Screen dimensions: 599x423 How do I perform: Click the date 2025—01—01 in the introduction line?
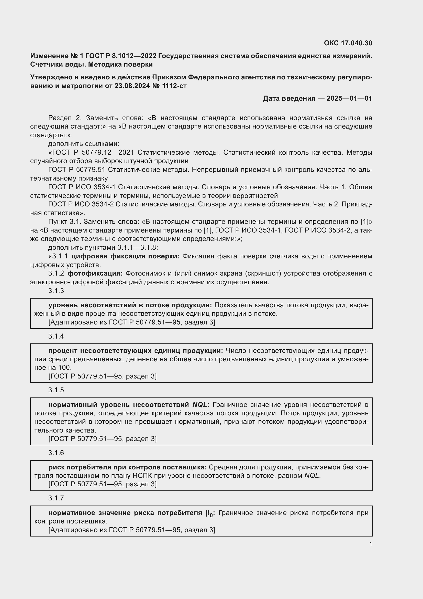[349, 98]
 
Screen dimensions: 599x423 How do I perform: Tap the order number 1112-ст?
[174, 86]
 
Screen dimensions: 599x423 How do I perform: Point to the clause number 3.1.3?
[56, 291]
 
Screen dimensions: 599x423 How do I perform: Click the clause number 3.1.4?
[56, 336]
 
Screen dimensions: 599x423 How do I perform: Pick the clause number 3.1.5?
[56, 390]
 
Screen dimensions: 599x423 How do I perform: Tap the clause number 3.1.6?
[56, 453]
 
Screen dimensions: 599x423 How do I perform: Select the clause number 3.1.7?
[56, 498]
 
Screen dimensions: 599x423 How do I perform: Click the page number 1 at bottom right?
[370, 544]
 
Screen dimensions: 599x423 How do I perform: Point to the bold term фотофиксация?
[95, 274]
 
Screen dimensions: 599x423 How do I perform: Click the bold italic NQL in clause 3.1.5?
[200, 405]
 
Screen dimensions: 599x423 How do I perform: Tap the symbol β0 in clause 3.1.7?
[209, 513]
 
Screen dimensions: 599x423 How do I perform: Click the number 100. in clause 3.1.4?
[65, 367]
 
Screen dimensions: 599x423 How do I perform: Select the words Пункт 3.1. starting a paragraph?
[65, 222]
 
